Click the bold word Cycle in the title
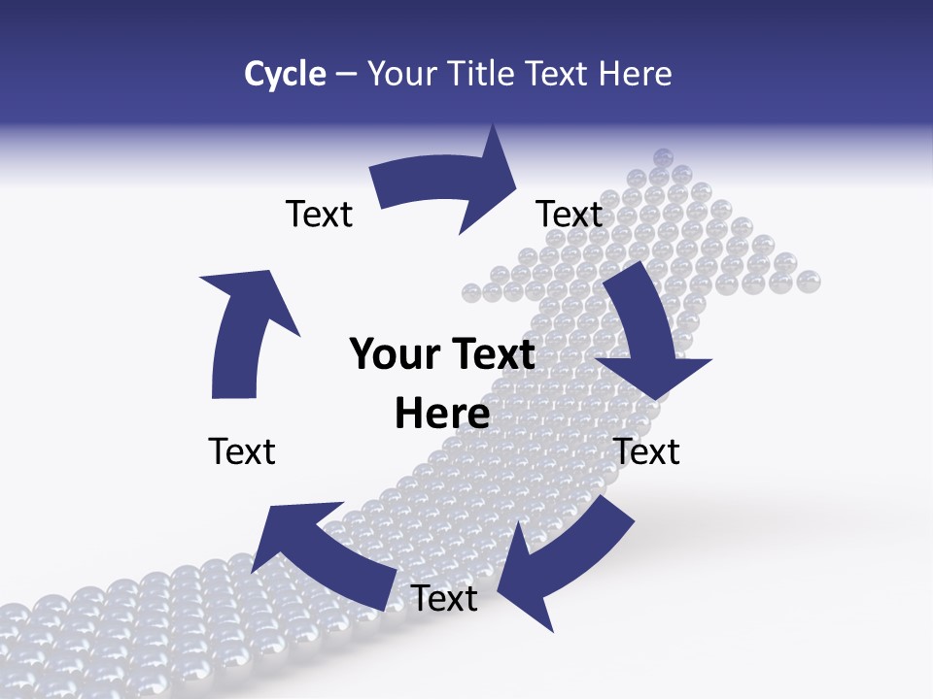coord(285,74)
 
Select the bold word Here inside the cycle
coord(442,415)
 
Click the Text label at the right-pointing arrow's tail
coord(319,214)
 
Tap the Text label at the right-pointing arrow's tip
coord(570,214)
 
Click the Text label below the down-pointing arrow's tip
coord(647,451)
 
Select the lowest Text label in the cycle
coord(444,599)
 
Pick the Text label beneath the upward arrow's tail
coord(242,451)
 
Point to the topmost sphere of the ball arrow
coord(664,157)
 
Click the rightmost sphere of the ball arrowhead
coord(809,282)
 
